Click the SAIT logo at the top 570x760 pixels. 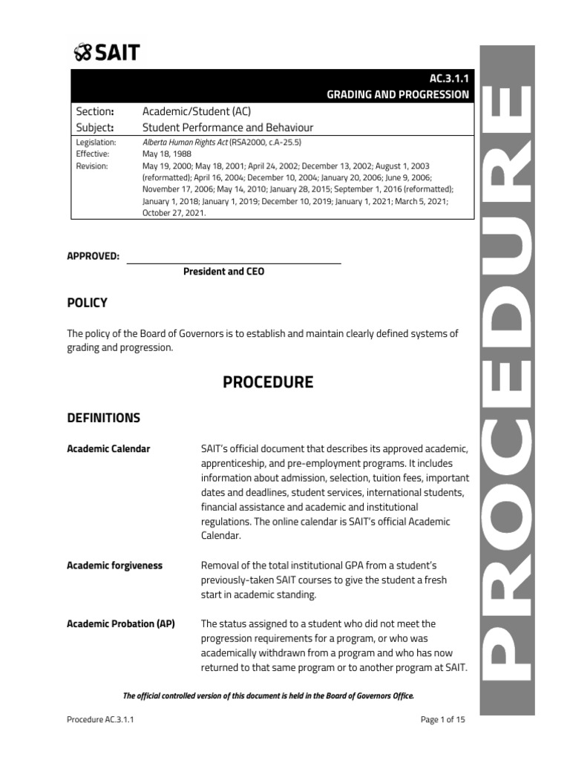(107, 52)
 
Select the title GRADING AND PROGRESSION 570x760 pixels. (398, 94)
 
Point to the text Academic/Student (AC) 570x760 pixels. (196, 112)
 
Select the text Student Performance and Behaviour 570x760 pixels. (228, 128)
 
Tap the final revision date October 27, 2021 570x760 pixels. (174, 212)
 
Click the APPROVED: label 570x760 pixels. (94, 256)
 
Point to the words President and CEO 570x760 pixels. (223, 272)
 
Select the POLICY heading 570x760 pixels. (87, 303)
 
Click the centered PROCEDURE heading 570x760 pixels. (268, 382)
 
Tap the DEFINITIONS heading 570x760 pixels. (103, 418)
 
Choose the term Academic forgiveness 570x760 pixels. (114, 566)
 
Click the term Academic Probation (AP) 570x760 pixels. (121, 623)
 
